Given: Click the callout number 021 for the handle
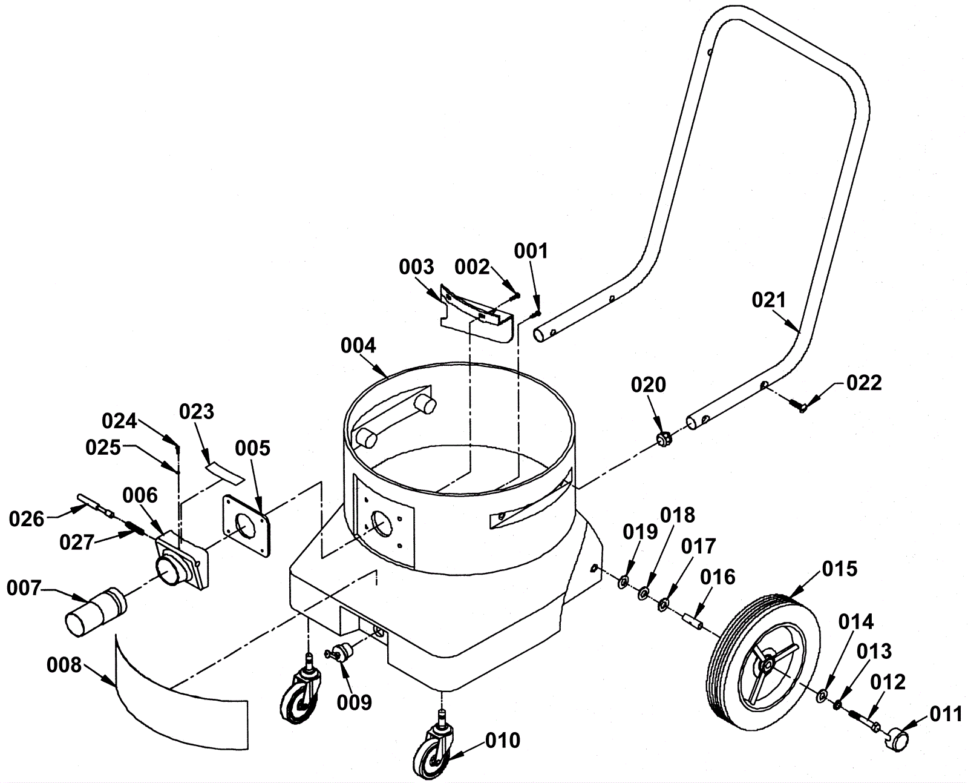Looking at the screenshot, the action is (768, 300).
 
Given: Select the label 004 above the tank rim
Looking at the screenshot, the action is (359, 346).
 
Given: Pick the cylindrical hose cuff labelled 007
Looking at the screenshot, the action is (95, 612).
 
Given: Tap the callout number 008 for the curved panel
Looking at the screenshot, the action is (64, 666).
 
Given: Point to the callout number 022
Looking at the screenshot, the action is (864, 383).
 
